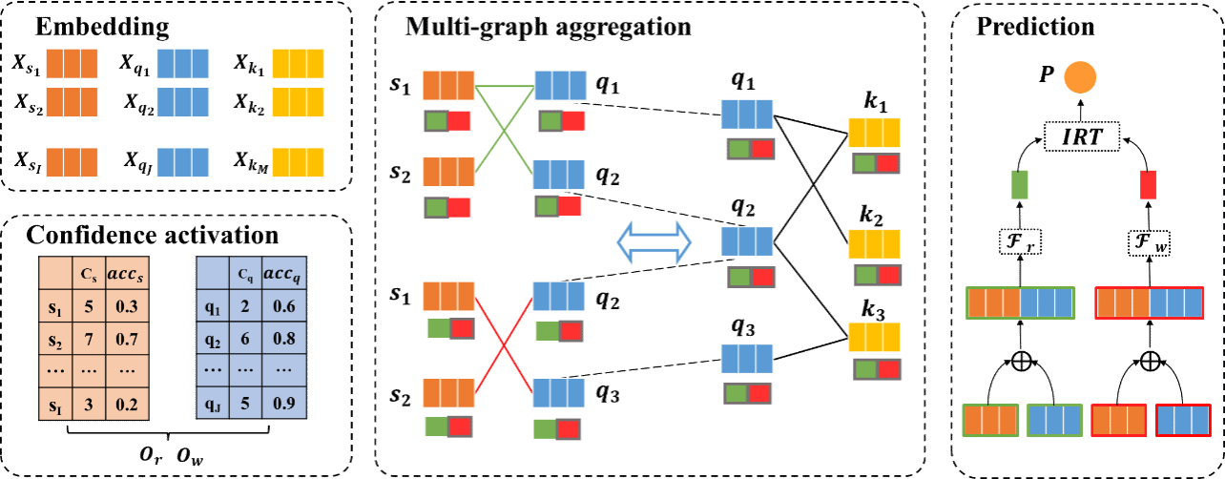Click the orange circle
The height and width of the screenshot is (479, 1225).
tap(1080, 77)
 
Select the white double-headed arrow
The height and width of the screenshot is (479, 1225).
tap(654, 241)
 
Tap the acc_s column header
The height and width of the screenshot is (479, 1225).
tap(127, 274)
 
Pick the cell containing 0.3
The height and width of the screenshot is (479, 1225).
tap(127, 307)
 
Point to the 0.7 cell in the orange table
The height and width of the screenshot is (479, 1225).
tap(127, 339)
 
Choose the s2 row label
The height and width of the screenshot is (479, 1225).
tap(55, 339)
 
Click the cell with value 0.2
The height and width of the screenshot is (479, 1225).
tap(127, 403)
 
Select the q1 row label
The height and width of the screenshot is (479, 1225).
tap(215, 307)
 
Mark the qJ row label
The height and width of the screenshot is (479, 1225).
tap(215, 403)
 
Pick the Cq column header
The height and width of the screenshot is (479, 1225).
tap(246, 274)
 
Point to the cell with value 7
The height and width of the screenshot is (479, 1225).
tap(89, 339)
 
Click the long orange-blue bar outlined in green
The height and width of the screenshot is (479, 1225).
tap(1020, 303)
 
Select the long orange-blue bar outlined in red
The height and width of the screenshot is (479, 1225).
tap(1149, 303)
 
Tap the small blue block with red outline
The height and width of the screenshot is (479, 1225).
tap(1184, 421)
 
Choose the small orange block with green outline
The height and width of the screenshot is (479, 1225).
tap(990, 421)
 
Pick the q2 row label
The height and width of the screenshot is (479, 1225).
tap(215, 339)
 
